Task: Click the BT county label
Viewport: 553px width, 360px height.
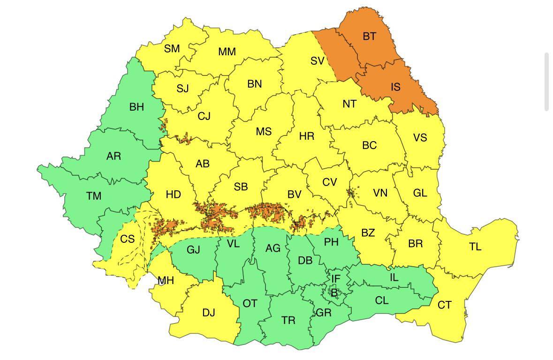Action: point(369,36)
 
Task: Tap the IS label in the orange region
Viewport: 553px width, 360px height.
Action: point(395,87)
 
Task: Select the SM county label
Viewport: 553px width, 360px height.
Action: point(172,48)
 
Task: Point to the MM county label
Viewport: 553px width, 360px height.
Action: point(227,52)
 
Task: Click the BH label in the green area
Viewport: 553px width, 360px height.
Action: point(136,107)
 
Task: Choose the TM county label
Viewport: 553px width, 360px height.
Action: point(94,196)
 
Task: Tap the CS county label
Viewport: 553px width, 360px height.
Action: point(127,239)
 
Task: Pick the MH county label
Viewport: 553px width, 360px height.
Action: point(166,281)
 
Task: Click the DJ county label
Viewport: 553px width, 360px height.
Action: point(209,313)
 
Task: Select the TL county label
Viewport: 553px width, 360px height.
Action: point(475,247)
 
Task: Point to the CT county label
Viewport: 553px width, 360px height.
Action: point(444,306)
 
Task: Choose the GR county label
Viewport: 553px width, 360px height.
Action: point(324,313)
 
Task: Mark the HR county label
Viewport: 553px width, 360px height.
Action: point(306,136)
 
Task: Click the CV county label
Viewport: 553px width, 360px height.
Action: point(329,182)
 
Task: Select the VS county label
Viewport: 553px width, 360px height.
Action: point(420,137)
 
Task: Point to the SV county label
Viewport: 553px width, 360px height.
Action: point(318,61)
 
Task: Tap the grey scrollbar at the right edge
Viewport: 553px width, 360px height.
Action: point(546,82)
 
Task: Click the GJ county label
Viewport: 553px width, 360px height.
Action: point(193,250)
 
